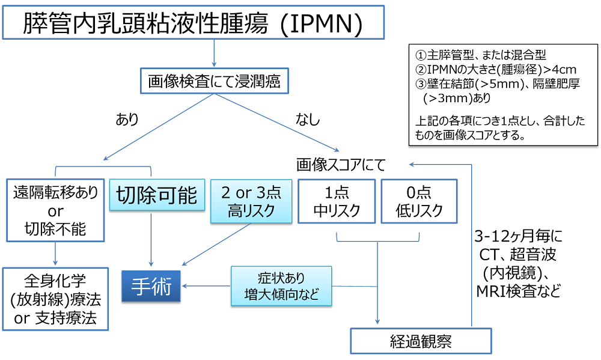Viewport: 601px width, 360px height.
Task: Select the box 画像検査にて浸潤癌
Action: [214, 82]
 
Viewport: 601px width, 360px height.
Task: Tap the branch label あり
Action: [127, 119]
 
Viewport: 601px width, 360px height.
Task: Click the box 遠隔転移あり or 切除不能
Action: [55, 210]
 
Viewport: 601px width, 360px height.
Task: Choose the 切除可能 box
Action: [154, 195]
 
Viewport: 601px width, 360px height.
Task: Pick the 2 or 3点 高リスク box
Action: [251, 201]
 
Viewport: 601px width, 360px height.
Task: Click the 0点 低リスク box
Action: [418, 201]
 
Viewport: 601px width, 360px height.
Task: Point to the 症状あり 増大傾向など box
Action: [281, 286]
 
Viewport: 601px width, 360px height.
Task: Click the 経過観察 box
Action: [421, 342]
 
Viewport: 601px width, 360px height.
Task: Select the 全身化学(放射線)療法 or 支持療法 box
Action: [55, 299]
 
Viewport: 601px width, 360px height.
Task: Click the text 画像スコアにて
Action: [341, 163]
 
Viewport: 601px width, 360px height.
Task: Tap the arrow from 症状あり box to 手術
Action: [207, 286]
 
